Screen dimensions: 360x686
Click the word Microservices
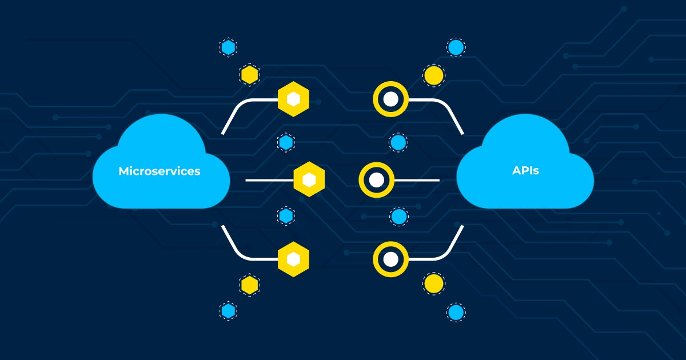click(159, 171)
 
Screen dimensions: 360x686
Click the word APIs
click(525, 170)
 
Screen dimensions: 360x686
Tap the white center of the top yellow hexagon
click(293, 99)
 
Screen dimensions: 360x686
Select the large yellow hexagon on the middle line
click(309, 181)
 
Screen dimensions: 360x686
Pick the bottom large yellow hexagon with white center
click(293, 259)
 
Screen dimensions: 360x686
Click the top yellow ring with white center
click(390, 99)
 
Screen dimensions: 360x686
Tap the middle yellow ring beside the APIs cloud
click(376, 180)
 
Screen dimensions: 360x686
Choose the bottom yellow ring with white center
click(390, 259)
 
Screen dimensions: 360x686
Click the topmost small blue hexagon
click(229, 47)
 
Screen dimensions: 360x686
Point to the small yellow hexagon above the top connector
click(249, 74)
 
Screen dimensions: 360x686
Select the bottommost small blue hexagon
click(229, 311)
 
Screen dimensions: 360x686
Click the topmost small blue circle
click(456, 47)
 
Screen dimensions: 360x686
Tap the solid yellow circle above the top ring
click(434, 75)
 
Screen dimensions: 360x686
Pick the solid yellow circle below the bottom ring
click(434, 283)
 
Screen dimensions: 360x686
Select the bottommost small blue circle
click(456, 312)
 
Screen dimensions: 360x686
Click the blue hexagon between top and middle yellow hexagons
click(286, 142)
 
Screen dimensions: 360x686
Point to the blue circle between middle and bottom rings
click(398, 217)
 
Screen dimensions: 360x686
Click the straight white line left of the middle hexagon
click(269, 181)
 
